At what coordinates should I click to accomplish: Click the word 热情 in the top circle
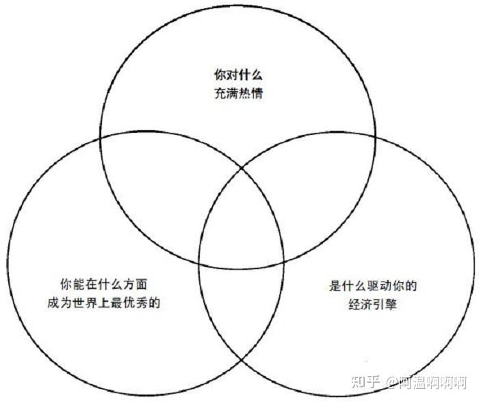250,93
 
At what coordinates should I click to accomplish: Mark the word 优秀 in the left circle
141,301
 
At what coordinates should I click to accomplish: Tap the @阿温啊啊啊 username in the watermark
424,382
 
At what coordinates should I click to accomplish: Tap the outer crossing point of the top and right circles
375,136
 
